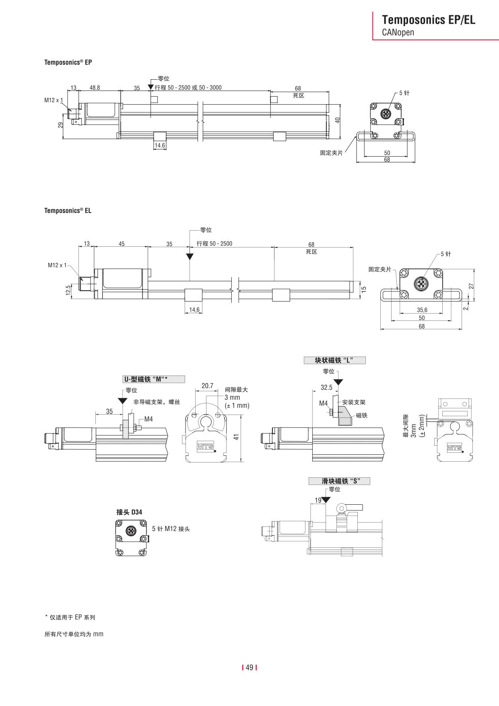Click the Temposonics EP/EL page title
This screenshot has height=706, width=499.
(x=428, y=20)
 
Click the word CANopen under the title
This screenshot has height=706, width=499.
(x=398, y=33)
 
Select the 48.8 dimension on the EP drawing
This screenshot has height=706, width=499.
(x=95, y=88)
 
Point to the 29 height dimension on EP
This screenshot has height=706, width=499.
(x=60, y=125)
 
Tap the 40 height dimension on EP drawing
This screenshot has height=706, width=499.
(x=338, y=120)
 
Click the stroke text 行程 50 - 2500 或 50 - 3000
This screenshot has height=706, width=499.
(x=188, y=88)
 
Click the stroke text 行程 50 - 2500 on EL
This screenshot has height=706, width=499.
(x=214, y=244)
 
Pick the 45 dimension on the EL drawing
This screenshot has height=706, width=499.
(x=122, y=244)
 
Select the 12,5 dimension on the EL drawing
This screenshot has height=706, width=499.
(x=68, y=290)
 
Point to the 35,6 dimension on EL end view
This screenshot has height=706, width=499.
(x=422, y=310)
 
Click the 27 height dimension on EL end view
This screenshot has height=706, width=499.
(x=471, y=286)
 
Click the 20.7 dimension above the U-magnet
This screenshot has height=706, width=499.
(x=207, y=386)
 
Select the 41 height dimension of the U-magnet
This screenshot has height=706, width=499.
(x=237, y=436)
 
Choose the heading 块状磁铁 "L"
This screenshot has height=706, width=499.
(x=334, y=360)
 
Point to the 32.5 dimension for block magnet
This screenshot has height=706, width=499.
(x=326, y=388)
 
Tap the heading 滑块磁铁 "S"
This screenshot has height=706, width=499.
(x=339, y=481)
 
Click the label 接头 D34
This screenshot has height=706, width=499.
(x=129, y=512)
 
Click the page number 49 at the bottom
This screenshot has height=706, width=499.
(x=249, y=668)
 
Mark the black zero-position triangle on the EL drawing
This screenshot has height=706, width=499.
(x=190, y=256)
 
